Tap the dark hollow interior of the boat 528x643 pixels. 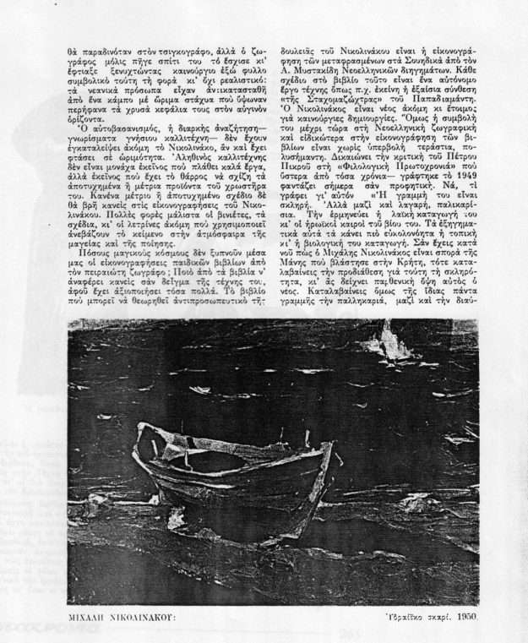pyautogui.click(x=215, y=461)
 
